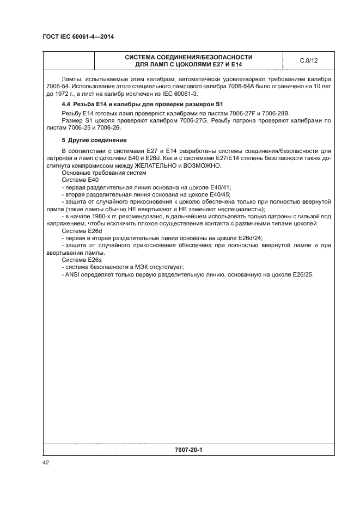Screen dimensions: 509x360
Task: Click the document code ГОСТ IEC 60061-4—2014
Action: click(81, 37)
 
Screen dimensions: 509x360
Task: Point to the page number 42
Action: click(46, 462)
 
